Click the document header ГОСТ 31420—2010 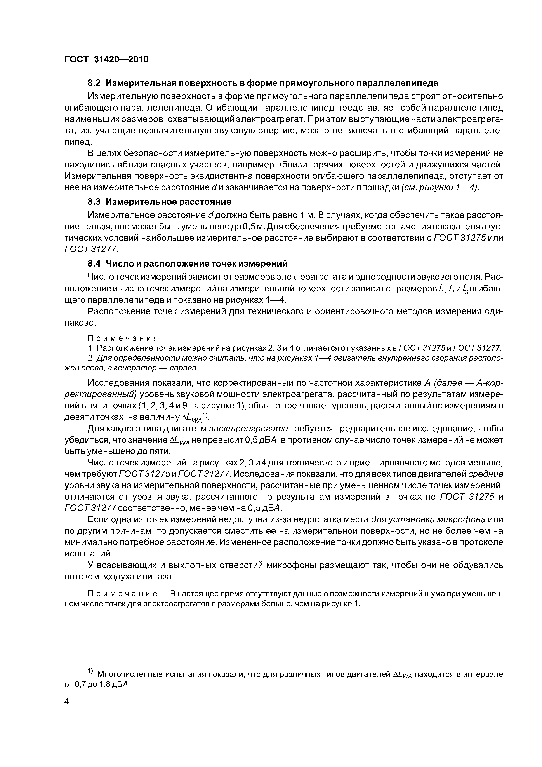pyautogui.click(x=106, y=59)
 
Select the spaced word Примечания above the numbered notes pyautogui.click(x=123, y=338)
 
